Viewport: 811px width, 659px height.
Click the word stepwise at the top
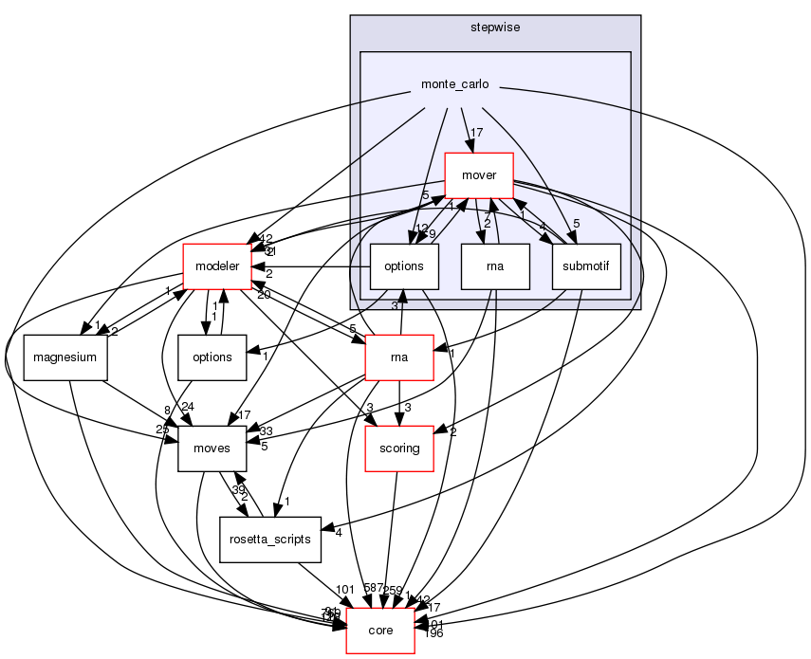(x=494, y=27)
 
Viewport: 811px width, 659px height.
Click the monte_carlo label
(x=454, y=84)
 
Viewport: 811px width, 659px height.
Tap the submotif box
(x=585, y=266)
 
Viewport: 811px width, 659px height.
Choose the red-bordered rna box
(x=399, y=357)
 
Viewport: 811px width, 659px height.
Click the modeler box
(x=216, y=266)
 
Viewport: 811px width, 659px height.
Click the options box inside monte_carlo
(x=403, y=266)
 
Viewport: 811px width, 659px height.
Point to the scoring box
(x=399, y=448)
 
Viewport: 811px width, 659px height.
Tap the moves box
(x=212, y=448)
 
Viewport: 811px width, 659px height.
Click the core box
(x=380, y=630)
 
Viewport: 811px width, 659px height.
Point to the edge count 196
(x=434, y=633)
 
